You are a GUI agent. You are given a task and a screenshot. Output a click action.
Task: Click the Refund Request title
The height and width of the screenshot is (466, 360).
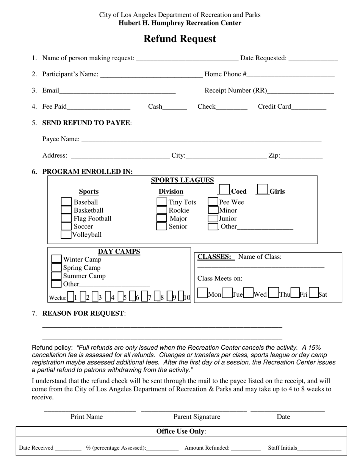[x=180, y=39]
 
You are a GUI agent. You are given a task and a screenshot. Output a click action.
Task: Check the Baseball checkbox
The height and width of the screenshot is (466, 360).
[x=66, y=202]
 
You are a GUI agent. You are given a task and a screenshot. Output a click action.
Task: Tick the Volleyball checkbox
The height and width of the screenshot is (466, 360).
[x=66, y=235]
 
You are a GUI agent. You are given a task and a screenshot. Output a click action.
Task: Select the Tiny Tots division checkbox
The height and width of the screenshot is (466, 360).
[x=162, y=202]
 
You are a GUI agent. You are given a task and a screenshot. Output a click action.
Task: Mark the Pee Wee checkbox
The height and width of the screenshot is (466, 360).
[x=213, y=202]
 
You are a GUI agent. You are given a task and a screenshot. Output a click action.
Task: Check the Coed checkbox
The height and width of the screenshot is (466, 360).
[x=224, y=189]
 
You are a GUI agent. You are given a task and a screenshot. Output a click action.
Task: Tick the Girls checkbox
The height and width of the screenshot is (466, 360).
[x=262, y=189]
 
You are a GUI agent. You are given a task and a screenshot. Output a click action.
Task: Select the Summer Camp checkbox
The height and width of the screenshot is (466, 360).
[x=56, y=276]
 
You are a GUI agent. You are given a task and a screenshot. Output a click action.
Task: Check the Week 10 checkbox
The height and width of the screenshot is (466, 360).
[x=181, y=297]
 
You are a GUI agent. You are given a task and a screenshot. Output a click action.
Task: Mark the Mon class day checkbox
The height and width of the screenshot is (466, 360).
[x=203, y=293]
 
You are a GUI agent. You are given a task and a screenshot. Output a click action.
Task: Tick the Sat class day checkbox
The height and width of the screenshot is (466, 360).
[x=314, y=293]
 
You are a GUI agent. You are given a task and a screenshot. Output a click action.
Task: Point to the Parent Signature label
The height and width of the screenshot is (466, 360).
[x=197, y=417]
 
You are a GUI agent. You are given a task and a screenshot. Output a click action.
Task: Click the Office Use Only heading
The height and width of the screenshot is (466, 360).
[x=181, y=432]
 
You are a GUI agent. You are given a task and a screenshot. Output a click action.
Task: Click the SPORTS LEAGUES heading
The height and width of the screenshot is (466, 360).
[x=182, y=180]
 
